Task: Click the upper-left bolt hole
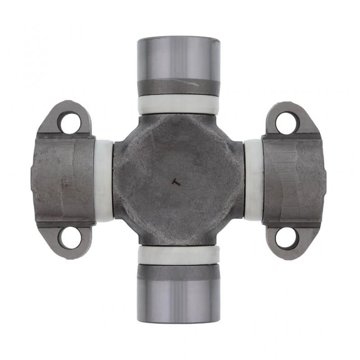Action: point(69,121)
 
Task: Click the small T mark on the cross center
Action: point(176,181)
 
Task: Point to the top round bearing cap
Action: point(179,58)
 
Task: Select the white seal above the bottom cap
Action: point(179,255)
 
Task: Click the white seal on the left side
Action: point(104,180)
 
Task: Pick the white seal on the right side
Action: point(253,180)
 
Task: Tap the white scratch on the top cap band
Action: point(198,83)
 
